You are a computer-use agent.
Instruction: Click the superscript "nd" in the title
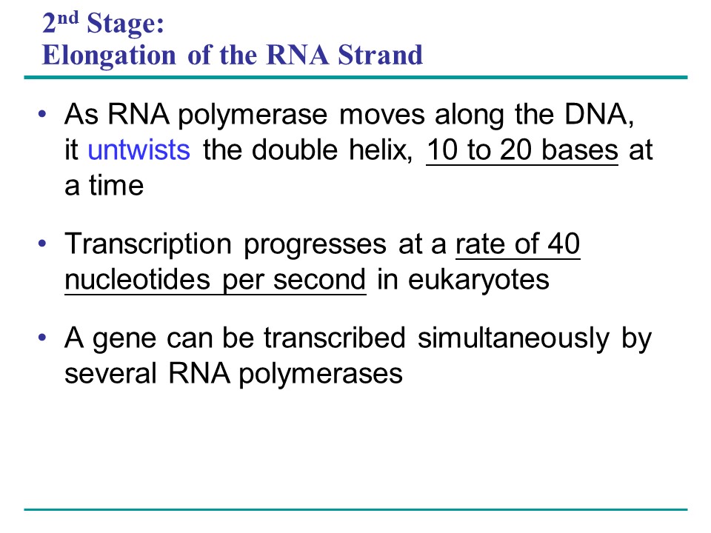point(68,18)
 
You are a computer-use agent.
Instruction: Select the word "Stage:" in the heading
point(125,23)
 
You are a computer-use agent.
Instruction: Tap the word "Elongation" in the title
point(109,56)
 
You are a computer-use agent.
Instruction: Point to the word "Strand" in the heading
point(381,55)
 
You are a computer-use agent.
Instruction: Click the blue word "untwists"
point(138,150)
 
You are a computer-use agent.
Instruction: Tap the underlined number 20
point(515,150)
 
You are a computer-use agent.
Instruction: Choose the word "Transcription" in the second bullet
point(148,245)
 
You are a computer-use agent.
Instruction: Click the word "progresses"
point(316,246)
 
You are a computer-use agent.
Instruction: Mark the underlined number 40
point(564,244)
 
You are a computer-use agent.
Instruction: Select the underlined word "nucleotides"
point(138,279)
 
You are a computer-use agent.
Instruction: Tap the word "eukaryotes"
point(479,281)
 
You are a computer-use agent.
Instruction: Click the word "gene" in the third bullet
point(124,340)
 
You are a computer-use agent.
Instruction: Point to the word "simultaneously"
point(514,339)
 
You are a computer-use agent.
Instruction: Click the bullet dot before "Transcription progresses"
point(43,244)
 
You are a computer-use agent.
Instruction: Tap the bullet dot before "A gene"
point(43,338)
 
